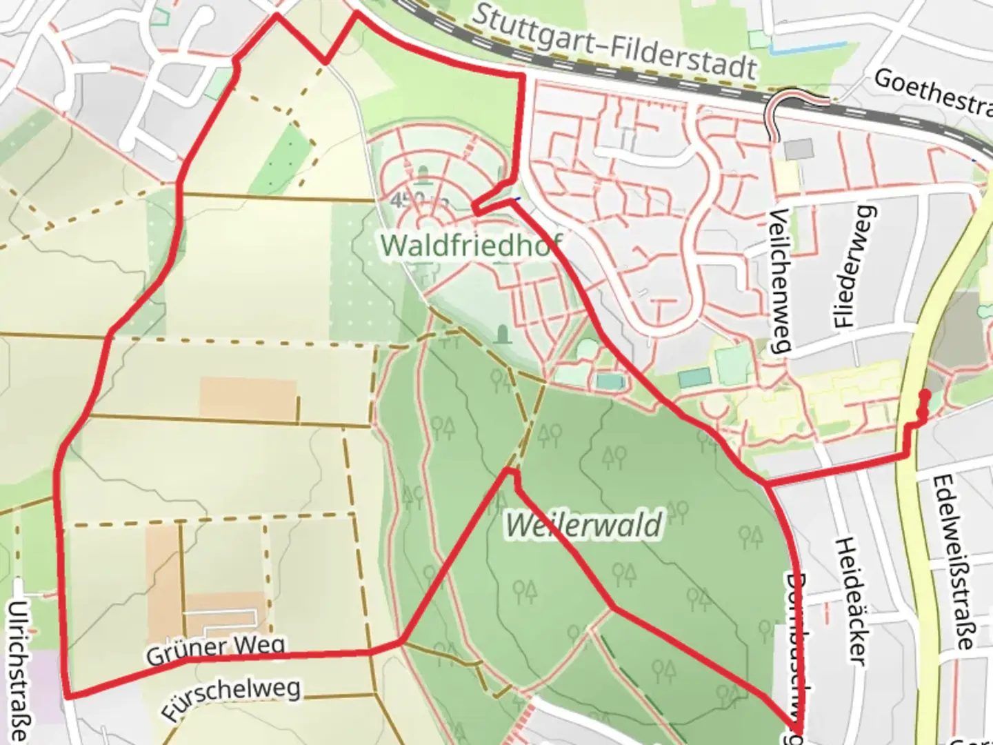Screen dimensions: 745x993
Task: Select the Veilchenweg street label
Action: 780,280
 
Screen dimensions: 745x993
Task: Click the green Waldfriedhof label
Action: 470,245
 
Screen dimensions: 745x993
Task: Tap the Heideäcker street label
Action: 850,601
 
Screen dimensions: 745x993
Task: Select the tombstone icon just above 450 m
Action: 423,175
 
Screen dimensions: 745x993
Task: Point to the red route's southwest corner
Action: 69,696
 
